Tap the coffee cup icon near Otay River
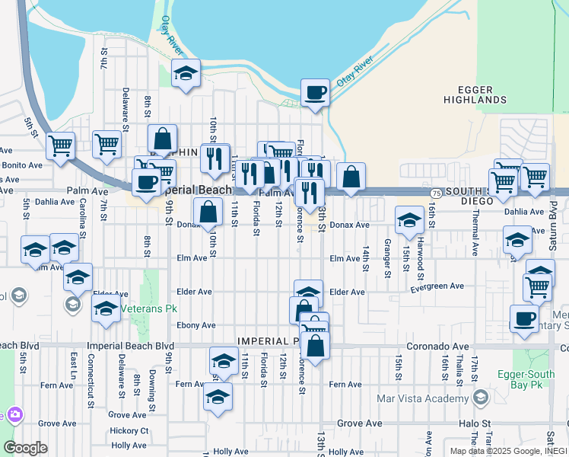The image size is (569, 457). click(x=315, y=94)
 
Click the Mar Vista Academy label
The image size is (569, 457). click(x=423, y=398)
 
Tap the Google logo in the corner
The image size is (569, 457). click(x=25, y=448)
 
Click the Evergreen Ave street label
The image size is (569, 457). click(x=437, y=286)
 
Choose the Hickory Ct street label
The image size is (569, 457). click(x=129, y=430)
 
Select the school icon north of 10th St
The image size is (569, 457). click(x=186, y=74)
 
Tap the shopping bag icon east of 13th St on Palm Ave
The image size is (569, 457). click(x=350, y=177)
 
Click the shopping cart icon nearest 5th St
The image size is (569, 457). click(x=60, y=145)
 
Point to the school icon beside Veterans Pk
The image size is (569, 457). click(x=106, y=308)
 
